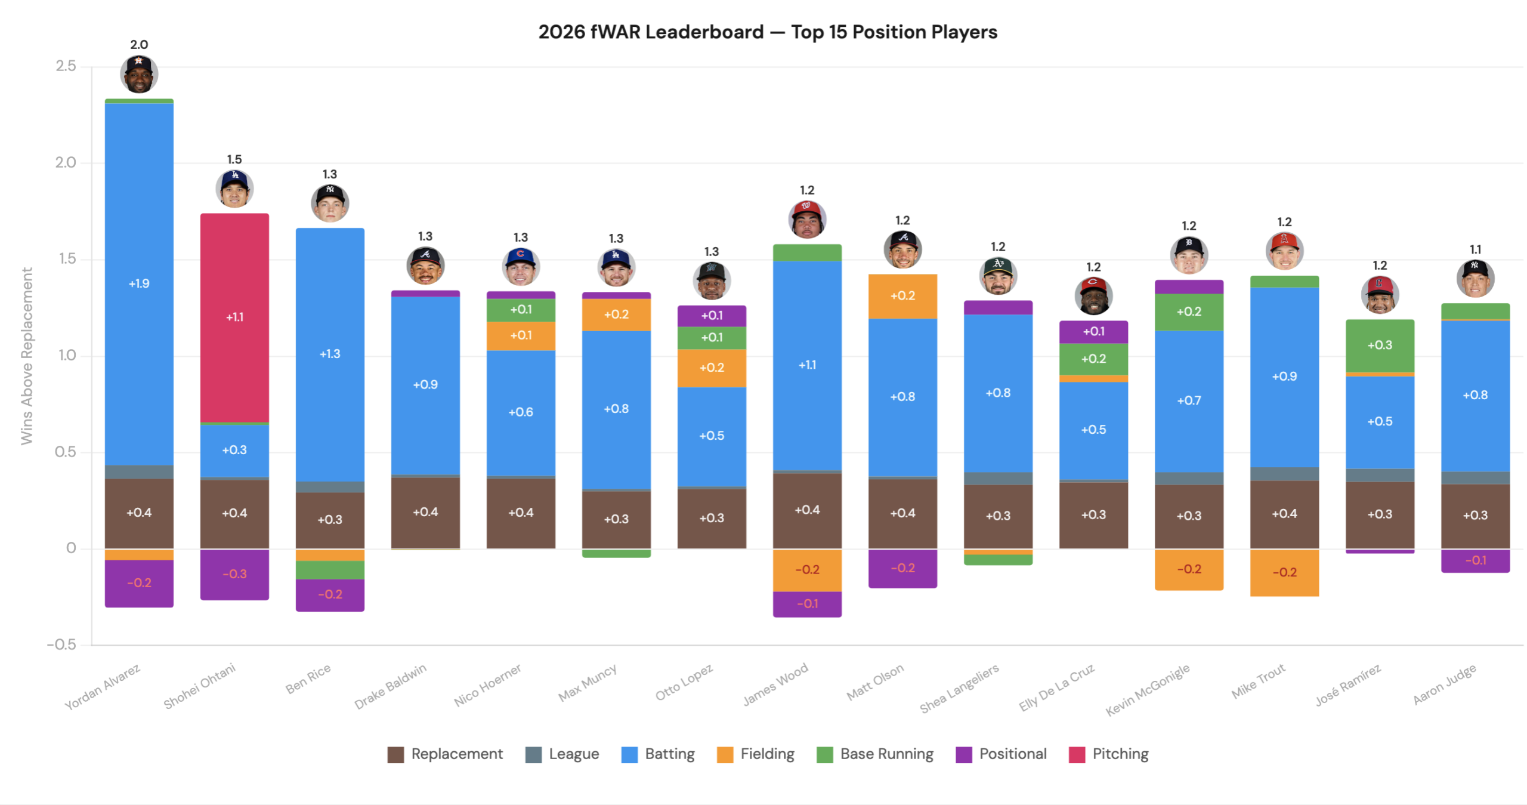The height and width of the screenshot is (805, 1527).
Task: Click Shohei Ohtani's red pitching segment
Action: tap(234, 317)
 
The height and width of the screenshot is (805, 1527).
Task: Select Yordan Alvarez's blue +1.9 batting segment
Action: tap(139, 283)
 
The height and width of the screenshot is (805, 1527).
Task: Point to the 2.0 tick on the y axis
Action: tap(66, 162)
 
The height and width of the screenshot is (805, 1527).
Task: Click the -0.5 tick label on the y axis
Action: tap(62, 644)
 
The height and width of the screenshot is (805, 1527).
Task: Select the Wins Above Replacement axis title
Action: tap(26, 356)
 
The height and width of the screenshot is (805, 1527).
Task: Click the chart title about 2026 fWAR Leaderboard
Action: tap(767, 32)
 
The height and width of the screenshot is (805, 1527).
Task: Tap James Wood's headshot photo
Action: tap(806, 219)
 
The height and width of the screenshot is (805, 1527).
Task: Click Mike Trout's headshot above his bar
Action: tap(1284, 251)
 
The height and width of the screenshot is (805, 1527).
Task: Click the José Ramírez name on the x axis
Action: tap(1347, 685)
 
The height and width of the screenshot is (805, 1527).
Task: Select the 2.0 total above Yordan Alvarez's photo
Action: tap(139, 45)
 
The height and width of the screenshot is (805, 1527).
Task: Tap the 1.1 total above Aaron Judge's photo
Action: tap(1475, 249)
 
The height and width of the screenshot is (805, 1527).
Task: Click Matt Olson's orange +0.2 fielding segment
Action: tap(902, 296)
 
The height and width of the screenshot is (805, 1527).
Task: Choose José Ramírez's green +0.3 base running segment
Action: tap(1379, 346)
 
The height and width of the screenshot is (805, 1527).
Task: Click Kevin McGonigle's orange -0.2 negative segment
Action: tap(1188, 569)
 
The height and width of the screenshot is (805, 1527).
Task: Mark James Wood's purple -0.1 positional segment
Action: tap(806, 604)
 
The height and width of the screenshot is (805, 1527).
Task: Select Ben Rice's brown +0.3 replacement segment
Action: tap(329, 520)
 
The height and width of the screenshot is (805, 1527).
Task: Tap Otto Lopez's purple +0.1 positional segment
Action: tap(711, 316)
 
